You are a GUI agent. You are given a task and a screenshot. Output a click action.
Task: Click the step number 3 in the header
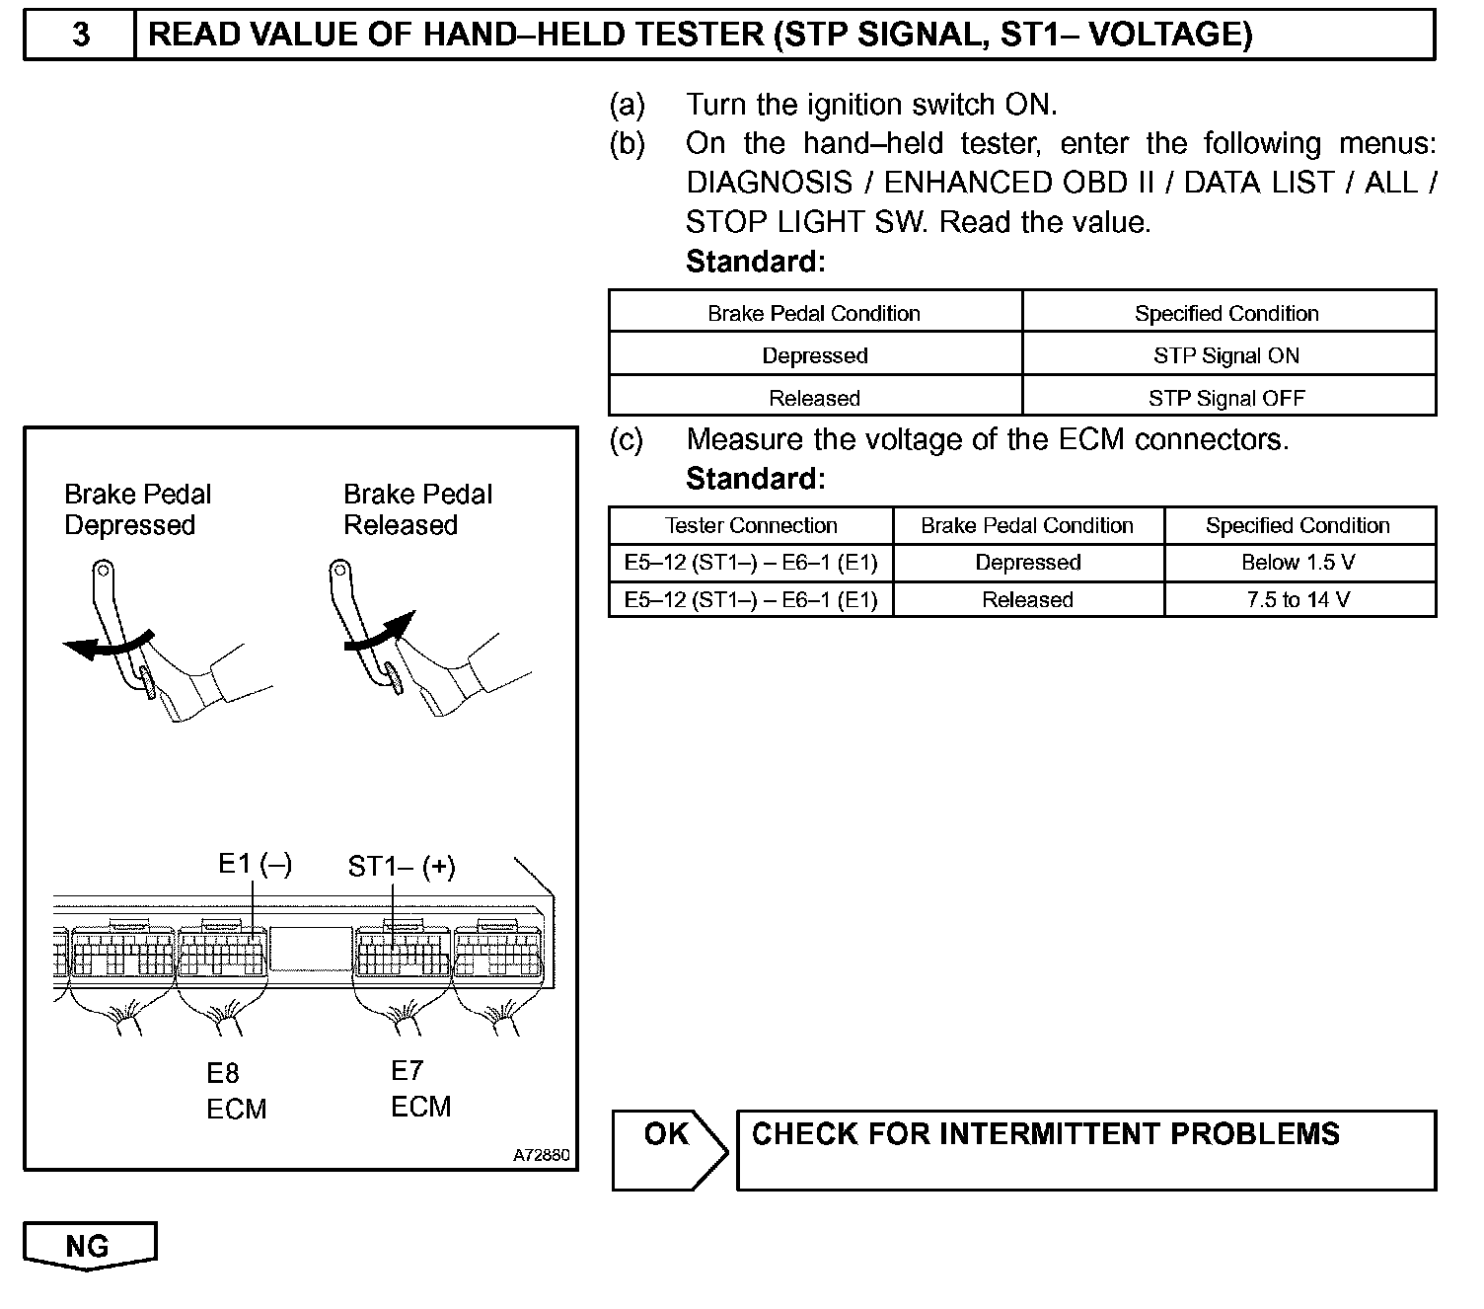pos(81,36)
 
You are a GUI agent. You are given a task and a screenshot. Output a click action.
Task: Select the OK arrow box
pos(668,1148)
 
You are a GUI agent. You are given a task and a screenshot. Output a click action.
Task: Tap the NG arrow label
pos(89,1246)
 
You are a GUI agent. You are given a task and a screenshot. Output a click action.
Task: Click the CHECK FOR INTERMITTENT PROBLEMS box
pos(1085,1149)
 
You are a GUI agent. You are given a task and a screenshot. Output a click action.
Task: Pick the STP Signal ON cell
pos(1227,355)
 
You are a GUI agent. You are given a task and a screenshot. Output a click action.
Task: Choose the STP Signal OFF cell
pos(1227,398)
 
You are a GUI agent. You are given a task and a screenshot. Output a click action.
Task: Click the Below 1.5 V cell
pos(1298,563)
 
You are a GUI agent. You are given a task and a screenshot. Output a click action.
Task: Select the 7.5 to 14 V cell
pos(1298,599)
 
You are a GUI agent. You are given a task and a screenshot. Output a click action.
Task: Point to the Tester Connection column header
pos(751,525)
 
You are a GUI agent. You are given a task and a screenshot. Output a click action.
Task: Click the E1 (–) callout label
pos(255,864)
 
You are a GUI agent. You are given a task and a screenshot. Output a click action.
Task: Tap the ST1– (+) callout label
pos(402,867)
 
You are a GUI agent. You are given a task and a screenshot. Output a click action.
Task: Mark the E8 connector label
pos(223,1073)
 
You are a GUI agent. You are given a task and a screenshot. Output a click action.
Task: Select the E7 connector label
pos(408,1070)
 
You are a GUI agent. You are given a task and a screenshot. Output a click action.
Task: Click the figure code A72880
pos(541,1155)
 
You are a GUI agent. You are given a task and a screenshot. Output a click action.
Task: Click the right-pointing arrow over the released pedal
pos(379,633)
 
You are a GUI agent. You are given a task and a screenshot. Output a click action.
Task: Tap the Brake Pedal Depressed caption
pos(137,509)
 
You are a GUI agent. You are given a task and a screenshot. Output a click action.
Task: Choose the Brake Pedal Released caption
pos(417,509)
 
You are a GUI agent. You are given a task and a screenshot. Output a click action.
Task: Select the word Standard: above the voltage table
pos(755,479)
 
